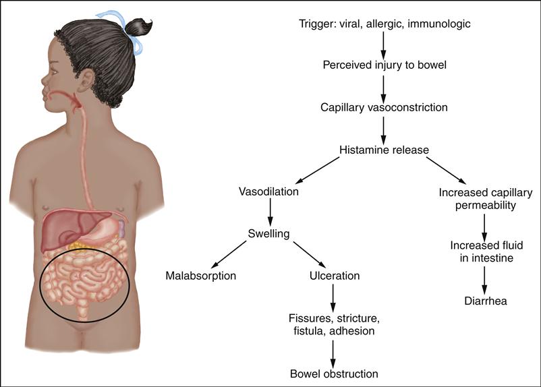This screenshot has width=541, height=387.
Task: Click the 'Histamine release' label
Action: click(383, 149)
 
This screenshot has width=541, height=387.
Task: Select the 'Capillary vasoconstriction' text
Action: click(383, 107)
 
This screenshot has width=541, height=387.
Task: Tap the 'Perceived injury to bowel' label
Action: click(383, 65)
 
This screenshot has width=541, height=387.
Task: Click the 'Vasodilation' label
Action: click(268, 191)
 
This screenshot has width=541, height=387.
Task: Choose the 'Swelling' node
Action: click(268, 234)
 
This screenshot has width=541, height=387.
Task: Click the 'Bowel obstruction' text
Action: click(334, 373)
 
